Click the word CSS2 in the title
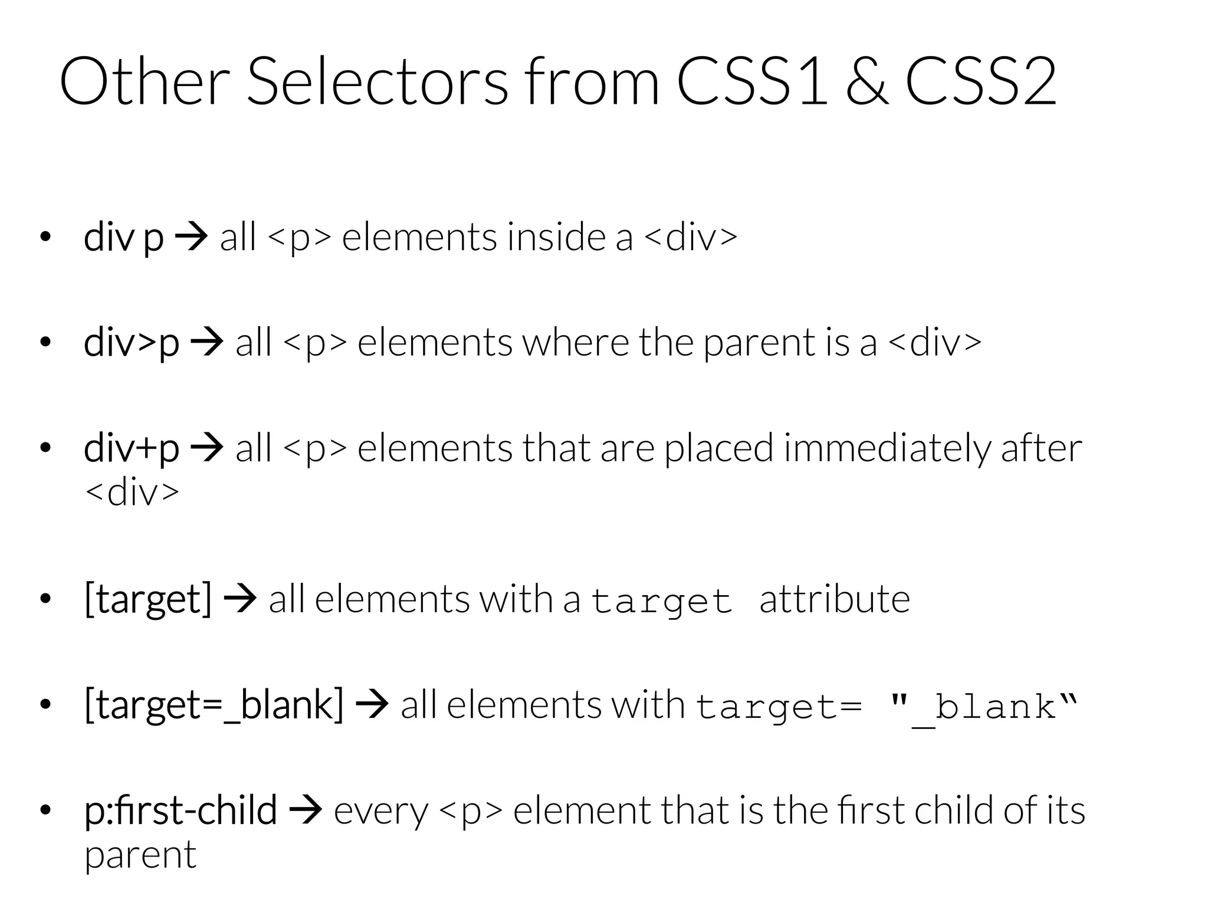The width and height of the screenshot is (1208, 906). click(980, 81)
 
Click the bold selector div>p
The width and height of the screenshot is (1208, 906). click(132, 343)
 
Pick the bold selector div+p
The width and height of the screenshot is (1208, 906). click(132, 448)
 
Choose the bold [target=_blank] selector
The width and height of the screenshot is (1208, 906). click(214, 705)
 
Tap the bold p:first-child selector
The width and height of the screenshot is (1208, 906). click(180, 810)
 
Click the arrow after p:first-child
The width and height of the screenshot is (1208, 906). click(306, 810)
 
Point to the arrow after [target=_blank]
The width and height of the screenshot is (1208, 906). click(372, 705)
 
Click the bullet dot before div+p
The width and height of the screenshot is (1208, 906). click(45, 448)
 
